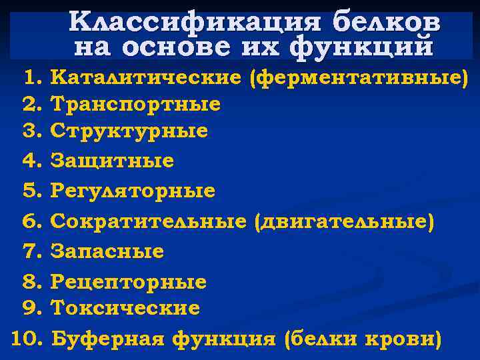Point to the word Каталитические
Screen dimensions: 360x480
146,78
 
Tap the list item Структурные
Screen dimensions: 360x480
129,131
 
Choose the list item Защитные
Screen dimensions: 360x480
112,161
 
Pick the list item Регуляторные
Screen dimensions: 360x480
133,191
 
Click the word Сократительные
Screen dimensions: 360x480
148,221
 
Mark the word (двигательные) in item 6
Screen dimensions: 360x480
344,221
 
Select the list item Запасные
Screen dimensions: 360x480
107,251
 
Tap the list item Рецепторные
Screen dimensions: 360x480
129,281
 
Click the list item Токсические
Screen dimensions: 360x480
125,308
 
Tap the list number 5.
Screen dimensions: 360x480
32,191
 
